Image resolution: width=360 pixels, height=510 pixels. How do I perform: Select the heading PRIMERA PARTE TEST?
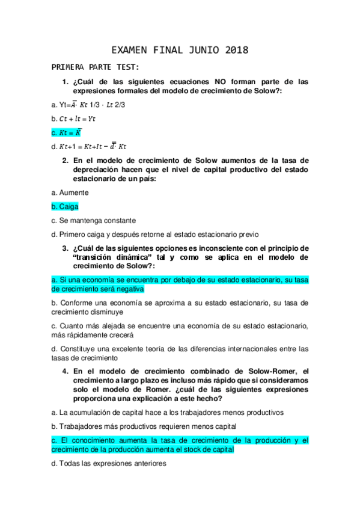[96, 66]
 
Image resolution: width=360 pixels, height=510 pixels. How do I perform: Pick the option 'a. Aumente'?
[70, 192]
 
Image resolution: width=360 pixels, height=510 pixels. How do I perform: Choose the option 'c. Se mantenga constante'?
[94, 220]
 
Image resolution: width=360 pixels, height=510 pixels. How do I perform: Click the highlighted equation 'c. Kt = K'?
[67, 132]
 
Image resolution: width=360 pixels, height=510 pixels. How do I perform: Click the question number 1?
[65, 81]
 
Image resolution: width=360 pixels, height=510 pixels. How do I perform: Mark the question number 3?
[65, 248]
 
